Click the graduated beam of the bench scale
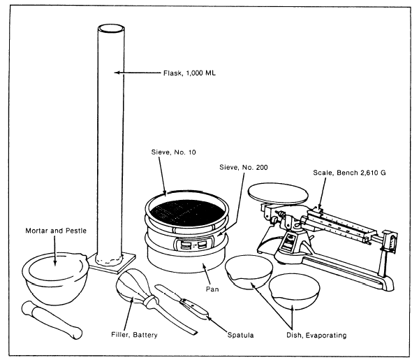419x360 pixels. point(346,223)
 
